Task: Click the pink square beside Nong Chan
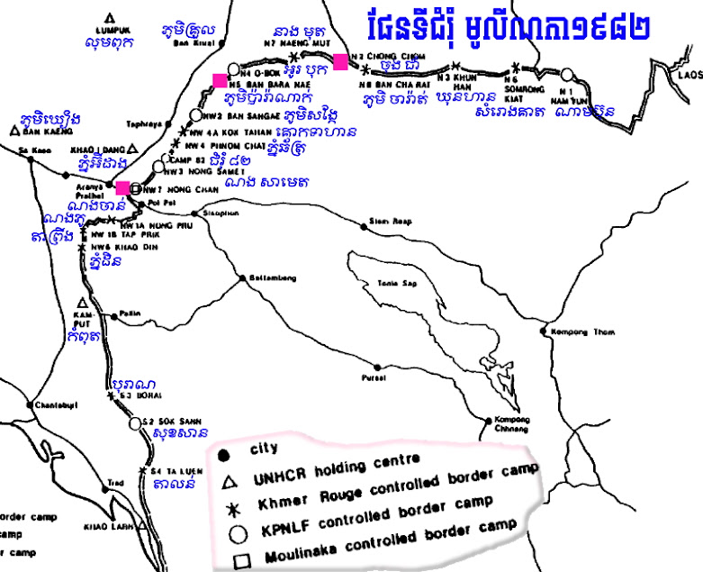click(x=122, y=187)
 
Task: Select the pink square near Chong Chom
click(x=340, y=61)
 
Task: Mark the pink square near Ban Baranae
click(x=220, y=80)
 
